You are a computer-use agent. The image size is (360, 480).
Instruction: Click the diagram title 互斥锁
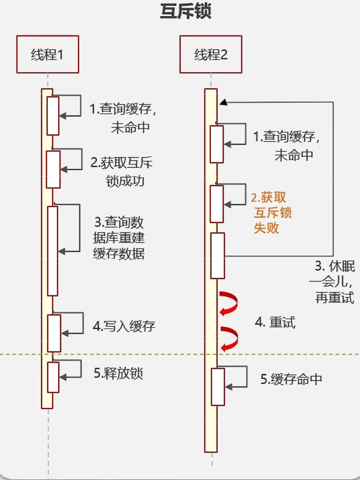(186, 12)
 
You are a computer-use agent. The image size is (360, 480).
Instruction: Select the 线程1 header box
(48, 55)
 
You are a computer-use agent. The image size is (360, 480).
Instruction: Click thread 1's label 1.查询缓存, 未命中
(123, 118)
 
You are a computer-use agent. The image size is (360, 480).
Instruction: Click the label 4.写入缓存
(124, 326)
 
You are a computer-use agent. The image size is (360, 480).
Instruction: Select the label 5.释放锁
(118, 373)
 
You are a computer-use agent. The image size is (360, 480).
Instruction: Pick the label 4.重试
(275, 323)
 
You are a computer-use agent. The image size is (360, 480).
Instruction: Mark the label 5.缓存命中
(291, 379)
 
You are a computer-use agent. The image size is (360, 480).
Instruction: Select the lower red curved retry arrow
(228, 338)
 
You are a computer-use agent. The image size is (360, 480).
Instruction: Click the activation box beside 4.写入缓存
(54, 333)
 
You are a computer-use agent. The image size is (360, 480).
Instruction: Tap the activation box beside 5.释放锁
(53, 377)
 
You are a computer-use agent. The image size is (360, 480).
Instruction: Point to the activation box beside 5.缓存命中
(218, 386)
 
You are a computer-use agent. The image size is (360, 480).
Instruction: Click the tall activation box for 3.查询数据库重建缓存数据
(52, 251)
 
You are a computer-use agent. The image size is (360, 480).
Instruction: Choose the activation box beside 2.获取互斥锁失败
(217, 204)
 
